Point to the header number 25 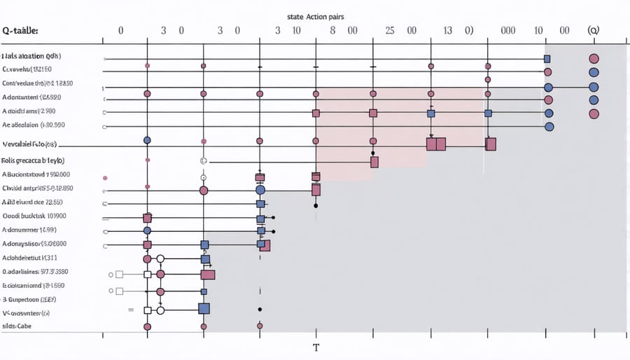(390, 31)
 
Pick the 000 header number (508, 31)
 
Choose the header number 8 (332, 31)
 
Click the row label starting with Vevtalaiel (29, 144)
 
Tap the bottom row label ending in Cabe (17, 326)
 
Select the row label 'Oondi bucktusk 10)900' (34, 216)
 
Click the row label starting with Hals (31, 55)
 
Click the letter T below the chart (316, 347)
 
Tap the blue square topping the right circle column (548, 59)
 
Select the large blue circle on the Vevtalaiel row (147, 141)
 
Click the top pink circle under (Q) (594, 59)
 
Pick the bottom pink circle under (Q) (594, 113)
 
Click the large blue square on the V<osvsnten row (204, 307)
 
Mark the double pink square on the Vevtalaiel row (436, 144)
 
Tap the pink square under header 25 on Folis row (374, 162)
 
